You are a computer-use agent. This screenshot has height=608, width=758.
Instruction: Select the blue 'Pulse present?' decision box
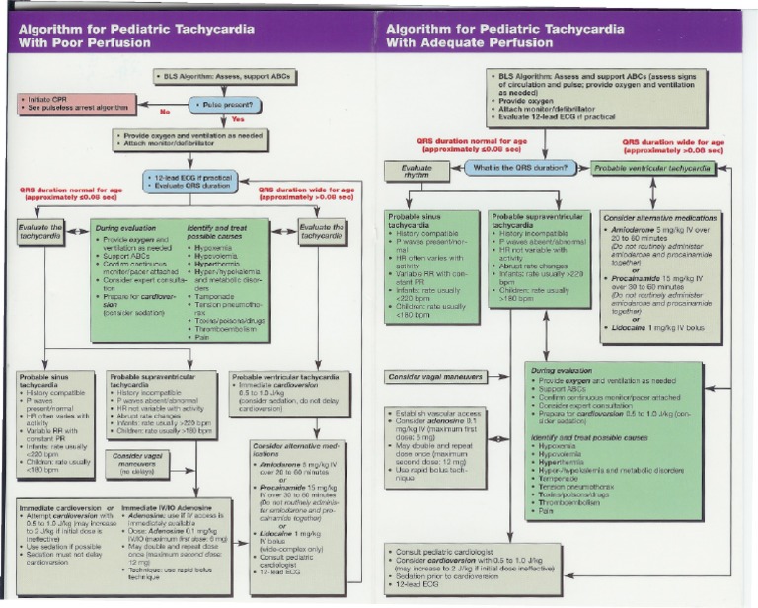point(225,104)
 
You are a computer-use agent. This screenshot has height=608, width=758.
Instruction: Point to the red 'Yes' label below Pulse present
point(237,119)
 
